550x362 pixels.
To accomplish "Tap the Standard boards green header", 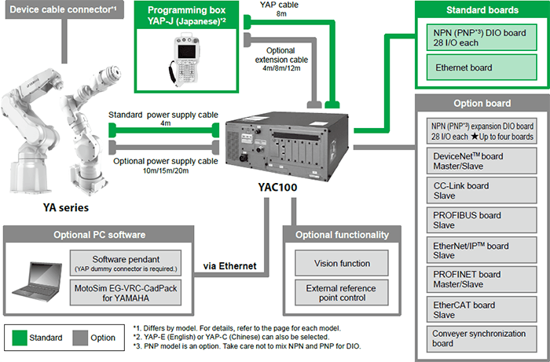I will [x=482, y=11].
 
